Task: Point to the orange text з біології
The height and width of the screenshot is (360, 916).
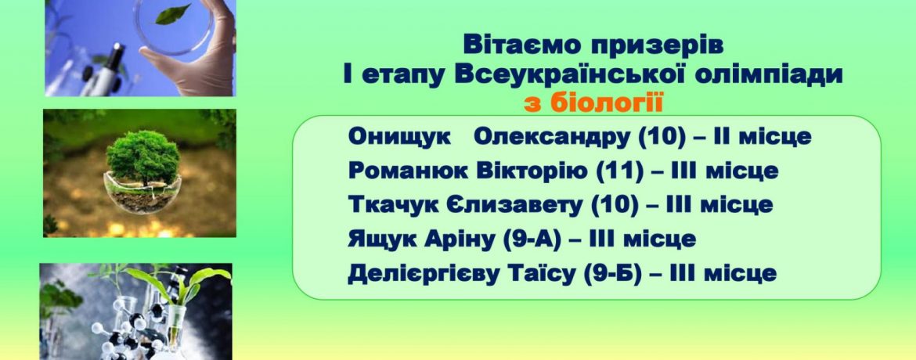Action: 593,104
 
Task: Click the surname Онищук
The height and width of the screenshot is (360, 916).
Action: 399,137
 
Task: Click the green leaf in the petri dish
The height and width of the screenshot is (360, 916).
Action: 173,14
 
